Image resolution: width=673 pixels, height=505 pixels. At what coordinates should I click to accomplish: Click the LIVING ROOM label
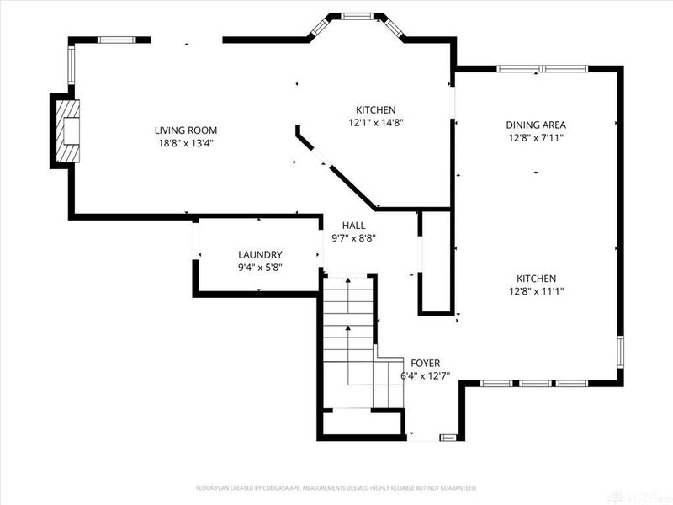186,130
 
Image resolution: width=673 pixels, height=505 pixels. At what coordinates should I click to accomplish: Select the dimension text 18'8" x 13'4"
186,143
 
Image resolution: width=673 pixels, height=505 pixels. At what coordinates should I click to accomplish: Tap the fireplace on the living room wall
66,131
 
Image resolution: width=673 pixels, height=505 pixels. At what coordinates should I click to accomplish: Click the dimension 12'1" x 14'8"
375,123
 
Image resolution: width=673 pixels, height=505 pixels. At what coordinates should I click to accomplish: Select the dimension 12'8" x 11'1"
536,292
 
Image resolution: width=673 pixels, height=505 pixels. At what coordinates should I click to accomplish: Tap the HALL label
353,226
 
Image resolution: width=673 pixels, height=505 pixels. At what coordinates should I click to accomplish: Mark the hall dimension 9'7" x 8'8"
353,238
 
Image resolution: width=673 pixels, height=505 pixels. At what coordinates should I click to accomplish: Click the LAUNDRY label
260,255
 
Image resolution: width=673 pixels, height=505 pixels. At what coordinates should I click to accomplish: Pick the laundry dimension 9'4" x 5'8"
260,268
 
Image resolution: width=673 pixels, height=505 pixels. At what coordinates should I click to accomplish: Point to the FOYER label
425,363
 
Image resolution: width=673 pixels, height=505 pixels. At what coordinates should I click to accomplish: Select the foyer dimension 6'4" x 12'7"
425,375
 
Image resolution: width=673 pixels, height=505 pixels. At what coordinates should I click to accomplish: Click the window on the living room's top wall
117,39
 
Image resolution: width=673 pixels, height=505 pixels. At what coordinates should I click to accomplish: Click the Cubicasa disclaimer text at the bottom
336,487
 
